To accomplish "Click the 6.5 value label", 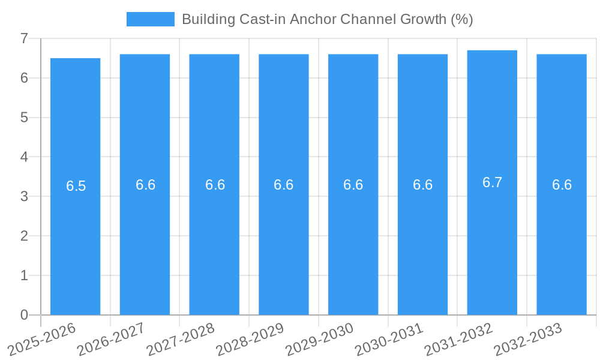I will pos(76,186).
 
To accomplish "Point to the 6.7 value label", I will pos(492,182).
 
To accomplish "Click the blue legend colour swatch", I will pos(150,19).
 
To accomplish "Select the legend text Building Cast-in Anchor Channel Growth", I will pos(327,19).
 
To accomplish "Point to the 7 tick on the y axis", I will pos(25,38).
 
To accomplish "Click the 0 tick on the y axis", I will pos(25,315).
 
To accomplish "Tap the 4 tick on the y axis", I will pos(25,157).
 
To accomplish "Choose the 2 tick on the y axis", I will pos(25,236).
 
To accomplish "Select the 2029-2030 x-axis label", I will pos(320,338).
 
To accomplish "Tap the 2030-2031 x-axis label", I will pos(389,338).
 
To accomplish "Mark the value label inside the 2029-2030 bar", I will pos(353,185).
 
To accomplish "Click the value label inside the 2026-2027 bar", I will pos(146,185).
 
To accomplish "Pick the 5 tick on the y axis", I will pos(25,118).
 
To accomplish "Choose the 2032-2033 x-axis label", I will pos(528,338).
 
